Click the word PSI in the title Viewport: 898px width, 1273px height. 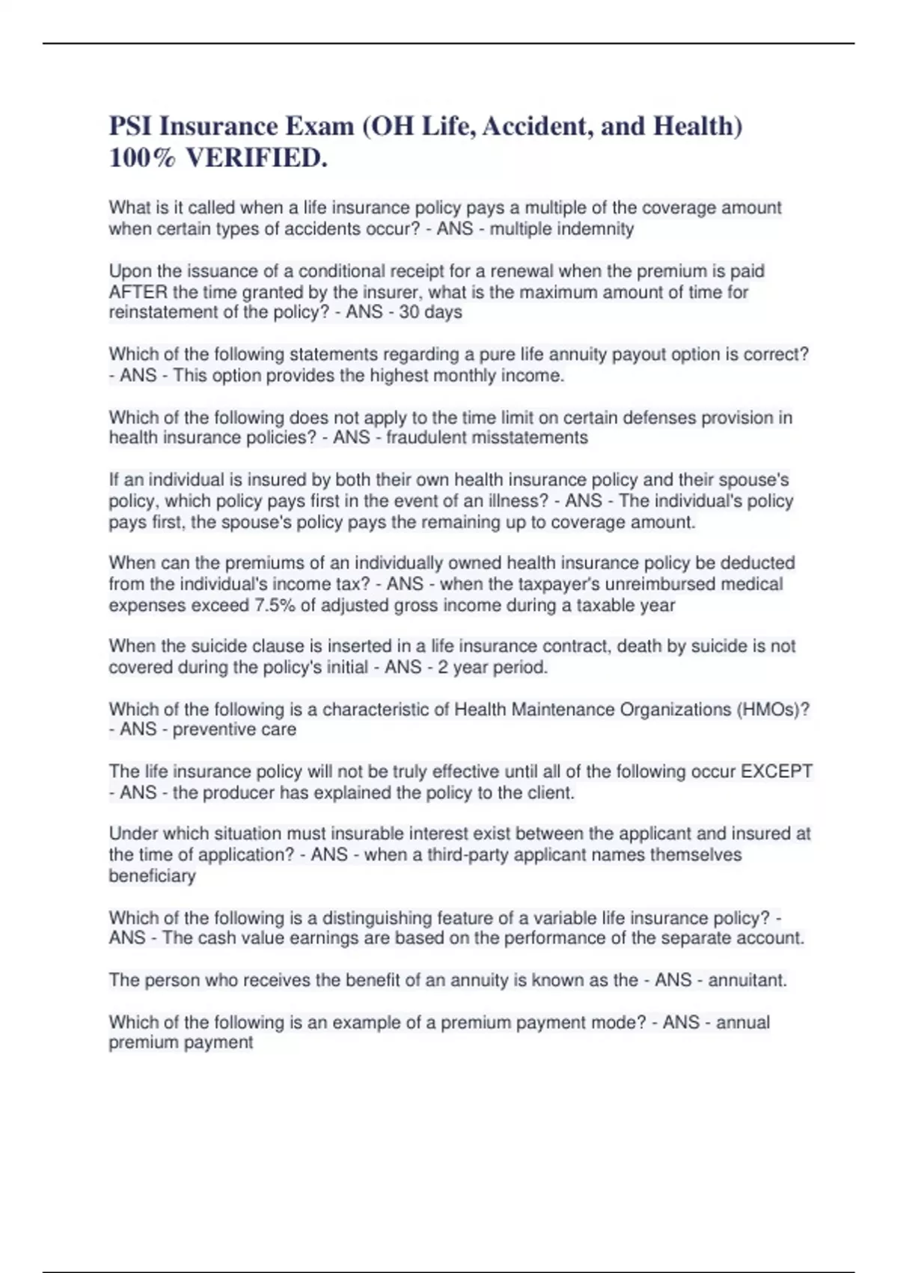pos(130,126)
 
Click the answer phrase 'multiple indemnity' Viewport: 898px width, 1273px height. pos(561,229)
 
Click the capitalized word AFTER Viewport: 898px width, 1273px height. pos(138,292)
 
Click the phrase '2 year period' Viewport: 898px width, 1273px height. pos(492,667)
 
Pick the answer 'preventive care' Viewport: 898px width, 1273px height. pos(234,729)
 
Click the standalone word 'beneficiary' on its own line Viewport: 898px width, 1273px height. pos(152,876)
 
